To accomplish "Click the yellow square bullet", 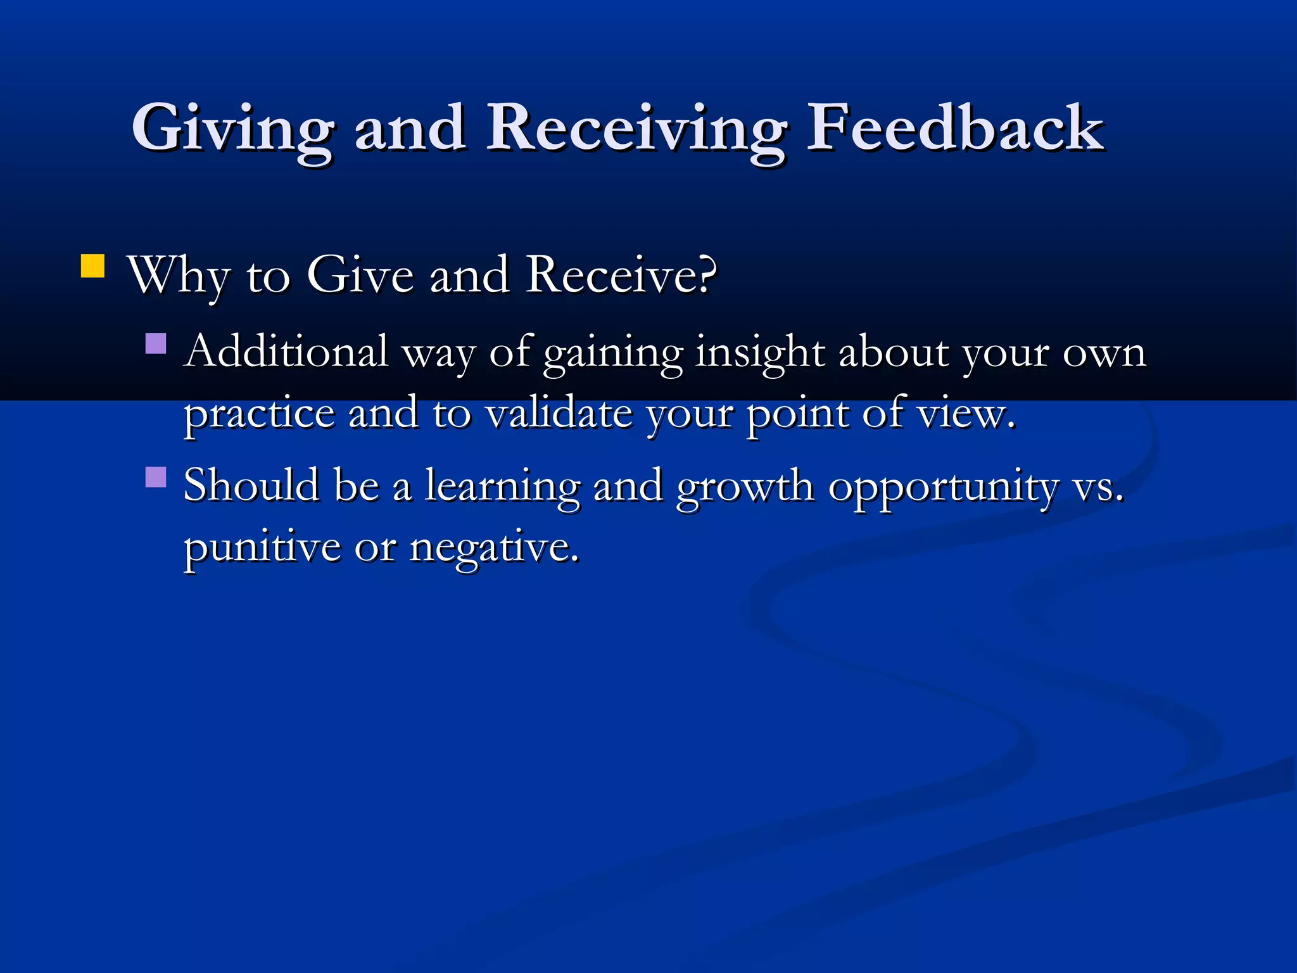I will pos(92,266).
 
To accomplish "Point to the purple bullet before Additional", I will pos(156,343).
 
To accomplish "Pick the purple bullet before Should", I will pos(156,476).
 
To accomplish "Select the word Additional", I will pos(286,351).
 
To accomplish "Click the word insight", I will pos(760,352).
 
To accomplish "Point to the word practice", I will pos(258,415).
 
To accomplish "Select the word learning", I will pos(502,486).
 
